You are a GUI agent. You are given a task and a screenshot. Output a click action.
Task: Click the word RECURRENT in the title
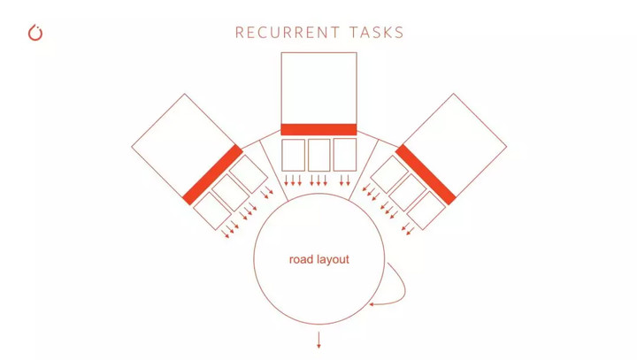(288, 33)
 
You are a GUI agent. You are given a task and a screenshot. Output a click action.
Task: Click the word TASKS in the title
(377, 33)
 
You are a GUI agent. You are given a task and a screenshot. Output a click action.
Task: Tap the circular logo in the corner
(35, 33)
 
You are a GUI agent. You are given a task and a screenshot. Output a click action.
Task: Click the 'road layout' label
(318, 259)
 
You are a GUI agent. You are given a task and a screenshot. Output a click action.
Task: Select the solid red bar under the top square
(318, 129)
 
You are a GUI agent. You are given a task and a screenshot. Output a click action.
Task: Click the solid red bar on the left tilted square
(212, 175)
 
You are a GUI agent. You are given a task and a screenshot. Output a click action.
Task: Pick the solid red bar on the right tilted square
(426, 175)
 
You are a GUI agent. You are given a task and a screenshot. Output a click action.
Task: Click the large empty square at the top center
(318, 88)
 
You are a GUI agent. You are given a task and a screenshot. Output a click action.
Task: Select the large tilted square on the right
(454, 146)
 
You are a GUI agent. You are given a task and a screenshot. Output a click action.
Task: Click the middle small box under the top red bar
(318, 155)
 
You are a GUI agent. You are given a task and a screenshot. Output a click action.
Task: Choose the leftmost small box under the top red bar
(294, 155)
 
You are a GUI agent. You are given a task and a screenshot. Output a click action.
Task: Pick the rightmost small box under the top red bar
(345, 155)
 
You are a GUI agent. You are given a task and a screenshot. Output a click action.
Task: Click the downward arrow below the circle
(318, 340)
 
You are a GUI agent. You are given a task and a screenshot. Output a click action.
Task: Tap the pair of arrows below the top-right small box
(344, 180)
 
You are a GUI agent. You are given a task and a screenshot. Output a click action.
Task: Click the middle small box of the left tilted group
(231, 193)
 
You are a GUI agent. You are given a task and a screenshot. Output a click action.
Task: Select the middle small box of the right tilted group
(408, 192)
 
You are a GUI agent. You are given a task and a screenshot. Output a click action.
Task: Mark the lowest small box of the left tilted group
(212, 211)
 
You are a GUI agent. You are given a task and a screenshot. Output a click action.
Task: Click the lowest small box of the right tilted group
(426, 211)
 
